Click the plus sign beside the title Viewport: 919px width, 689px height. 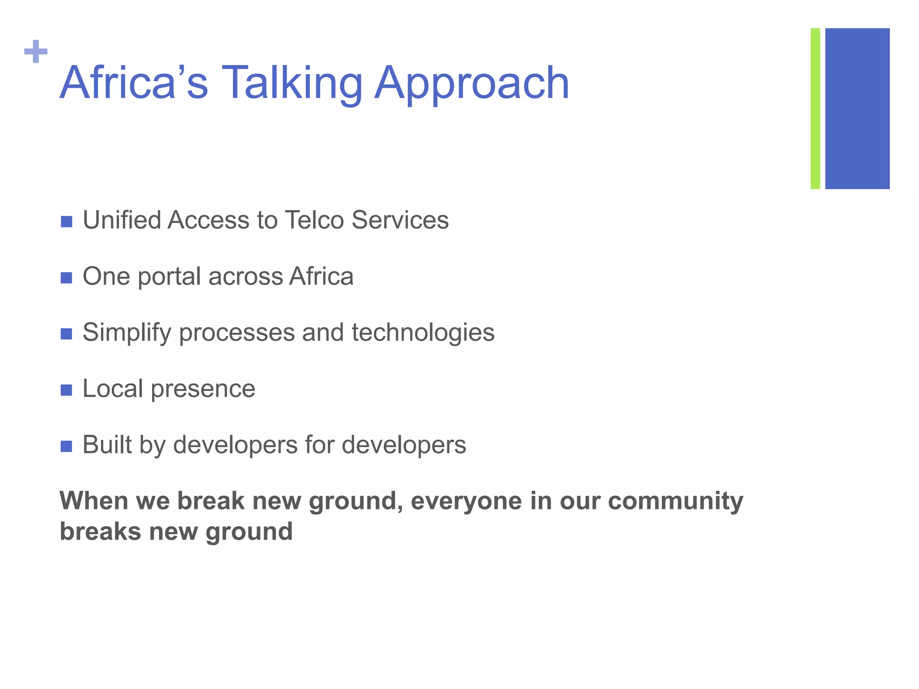coord(36,52)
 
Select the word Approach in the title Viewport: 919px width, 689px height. coord(472,84)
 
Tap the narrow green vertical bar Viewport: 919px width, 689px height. coord(815,109)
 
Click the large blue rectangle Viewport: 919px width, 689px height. coord(857,109)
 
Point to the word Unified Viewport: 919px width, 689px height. coord(122,220)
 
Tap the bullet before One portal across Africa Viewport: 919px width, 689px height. coord(66,278)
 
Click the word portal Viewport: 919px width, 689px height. coord(169,277)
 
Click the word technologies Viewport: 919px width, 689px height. coord(423,333)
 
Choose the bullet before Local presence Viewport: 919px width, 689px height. coord(66,390)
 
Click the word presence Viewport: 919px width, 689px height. coord(203,389)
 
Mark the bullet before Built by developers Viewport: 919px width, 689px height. coord(66,446)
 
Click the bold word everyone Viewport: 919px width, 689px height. coord(466,501)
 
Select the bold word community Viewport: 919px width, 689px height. coord(675,501)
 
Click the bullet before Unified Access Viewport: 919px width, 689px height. coord(66,222)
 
